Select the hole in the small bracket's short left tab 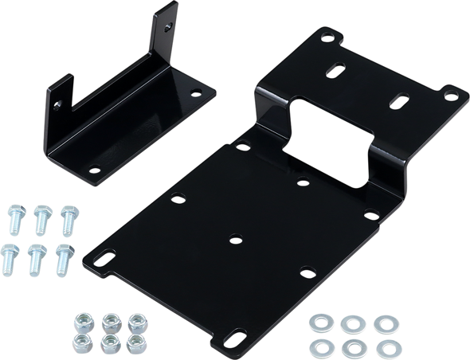tap(57, 103)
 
